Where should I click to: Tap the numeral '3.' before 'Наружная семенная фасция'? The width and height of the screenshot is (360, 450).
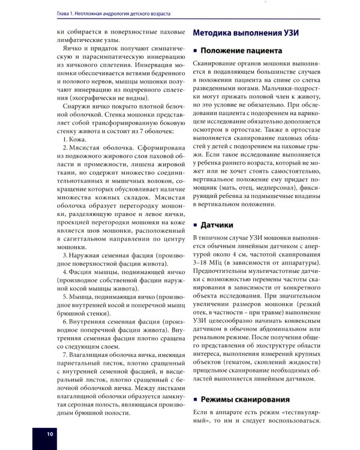[66, 255]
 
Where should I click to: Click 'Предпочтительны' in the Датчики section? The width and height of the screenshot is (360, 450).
[220, 272]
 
